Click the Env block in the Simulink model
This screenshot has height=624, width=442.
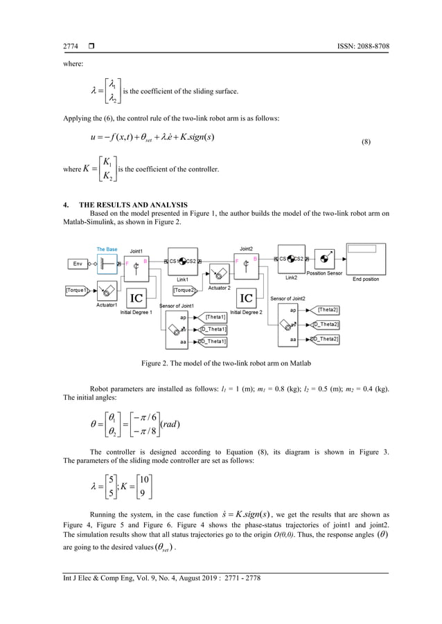point(78,264)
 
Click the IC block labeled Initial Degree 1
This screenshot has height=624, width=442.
point(138,297)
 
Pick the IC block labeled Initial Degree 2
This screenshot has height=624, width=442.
point(246,297)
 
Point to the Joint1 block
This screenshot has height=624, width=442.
point(136,266)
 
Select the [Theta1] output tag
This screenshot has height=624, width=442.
point(215,317)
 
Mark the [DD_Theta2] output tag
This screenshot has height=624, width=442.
point(324,339)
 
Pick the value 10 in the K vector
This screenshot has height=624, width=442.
point(143,481)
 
